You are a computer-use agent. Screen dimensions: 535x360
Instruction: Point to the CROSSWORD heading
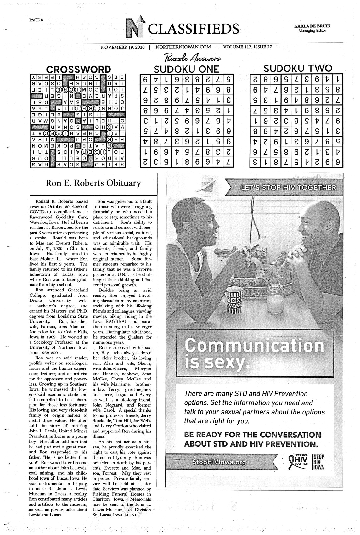coord(78,70)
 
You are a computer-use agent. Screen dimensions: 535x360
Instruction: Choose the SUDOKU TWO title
coord(297,69)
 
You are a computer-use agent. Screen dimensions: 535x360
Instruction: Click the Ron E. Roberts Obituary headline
coord(93,183)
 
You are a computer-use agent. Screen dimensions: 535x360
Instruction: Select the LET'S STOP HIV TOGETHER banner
coord(288,188)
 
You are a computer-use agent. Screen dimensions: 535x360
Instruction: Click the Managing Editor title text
coord(312,31)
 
